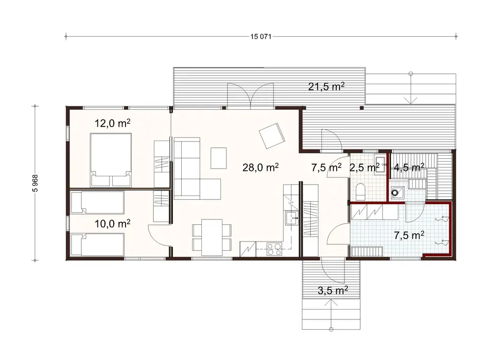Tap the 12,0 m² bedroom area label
coord(112,123)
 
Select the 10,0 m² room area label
coord(112,224)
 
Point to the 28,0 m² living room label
coord(260,168)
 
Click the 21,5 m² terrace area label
coord(326,87)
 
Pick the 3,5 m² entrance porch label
coord(333,290)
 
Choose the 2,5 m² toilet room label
coord(364,168)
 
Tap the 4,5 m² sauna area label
coord(409,168)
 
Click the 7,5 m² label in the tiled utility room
coord(409,235)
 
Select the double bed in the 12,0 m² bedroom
coord(111,160)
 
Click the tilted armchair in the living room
coord(272,136)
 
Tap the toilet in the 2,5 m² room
coord(361,192)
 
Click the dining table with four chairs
coord(212,238)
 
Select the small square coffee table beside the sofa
coord(219,158)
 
